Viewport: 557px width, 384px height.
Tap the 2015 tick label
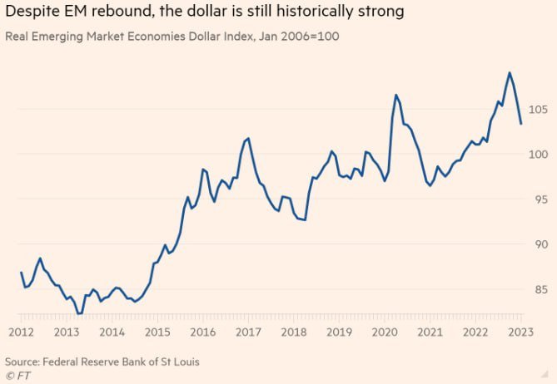coord(157,332)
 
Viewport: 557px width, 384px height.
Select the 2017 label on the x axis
coord(247,332)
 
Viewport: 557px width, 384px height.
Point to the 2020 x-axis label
coord(384,332)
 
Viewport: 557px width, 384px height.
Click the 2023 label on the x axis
coord(520,332)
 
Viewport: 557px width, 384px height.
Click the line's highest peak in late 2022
coord(510,72)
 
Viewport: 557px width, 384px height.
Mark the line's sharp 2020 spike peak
coord(396,95)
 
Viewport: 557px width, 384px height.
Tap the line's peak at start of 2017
coord(248,138)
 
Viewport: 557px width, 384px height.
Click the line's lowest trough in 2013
coord(78,313)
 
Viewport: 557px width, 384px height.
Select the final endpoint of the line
coord(520,124)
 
